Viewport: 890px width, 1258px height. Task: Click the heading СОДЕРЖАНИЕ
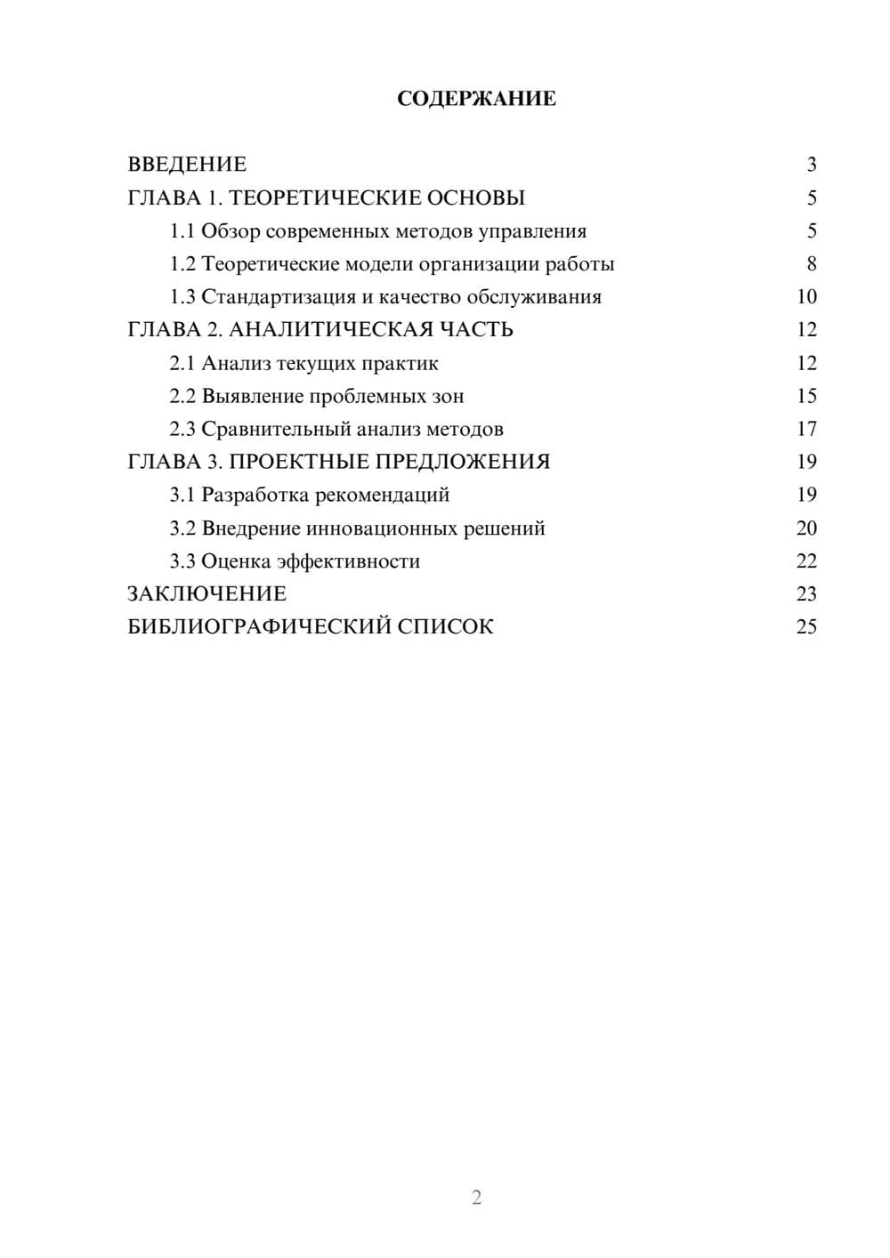click(x=476, y=99)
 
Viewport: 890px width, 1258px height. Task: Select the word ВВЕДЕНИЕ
click(x=187, y=165)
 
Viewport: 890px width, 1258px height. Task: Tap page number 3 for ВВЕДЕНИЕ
click(x=811, y=165)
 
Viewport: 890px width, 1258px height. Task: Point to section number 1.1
click(x=182, y=231)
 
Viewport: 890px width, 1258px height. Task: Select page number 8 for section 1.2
click(x=811, y=264)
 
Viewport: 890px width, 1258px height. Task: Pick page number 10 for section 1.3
click(x=806, y=297)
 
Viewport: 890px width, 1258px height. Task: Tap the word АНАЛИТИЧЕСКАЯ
click(x=329, y=330)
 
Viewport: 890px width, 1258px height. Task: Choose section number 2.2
click(x=182, y=396)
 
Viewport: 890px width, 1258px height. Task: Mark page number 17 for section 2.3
click(x=806, y=429)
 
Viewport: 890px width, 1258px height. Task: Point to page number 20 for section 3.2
click(x=806, y=528)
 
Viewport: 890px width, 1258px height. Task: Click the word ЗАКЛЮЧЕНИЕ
click(x=206, y=594)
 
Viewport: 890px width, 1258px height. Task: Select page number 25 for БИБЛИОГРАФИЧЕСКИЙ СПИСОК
click(x=806, y=627)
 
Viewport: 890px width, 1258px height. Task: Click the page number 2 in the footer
click(x=476, y=1198)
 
